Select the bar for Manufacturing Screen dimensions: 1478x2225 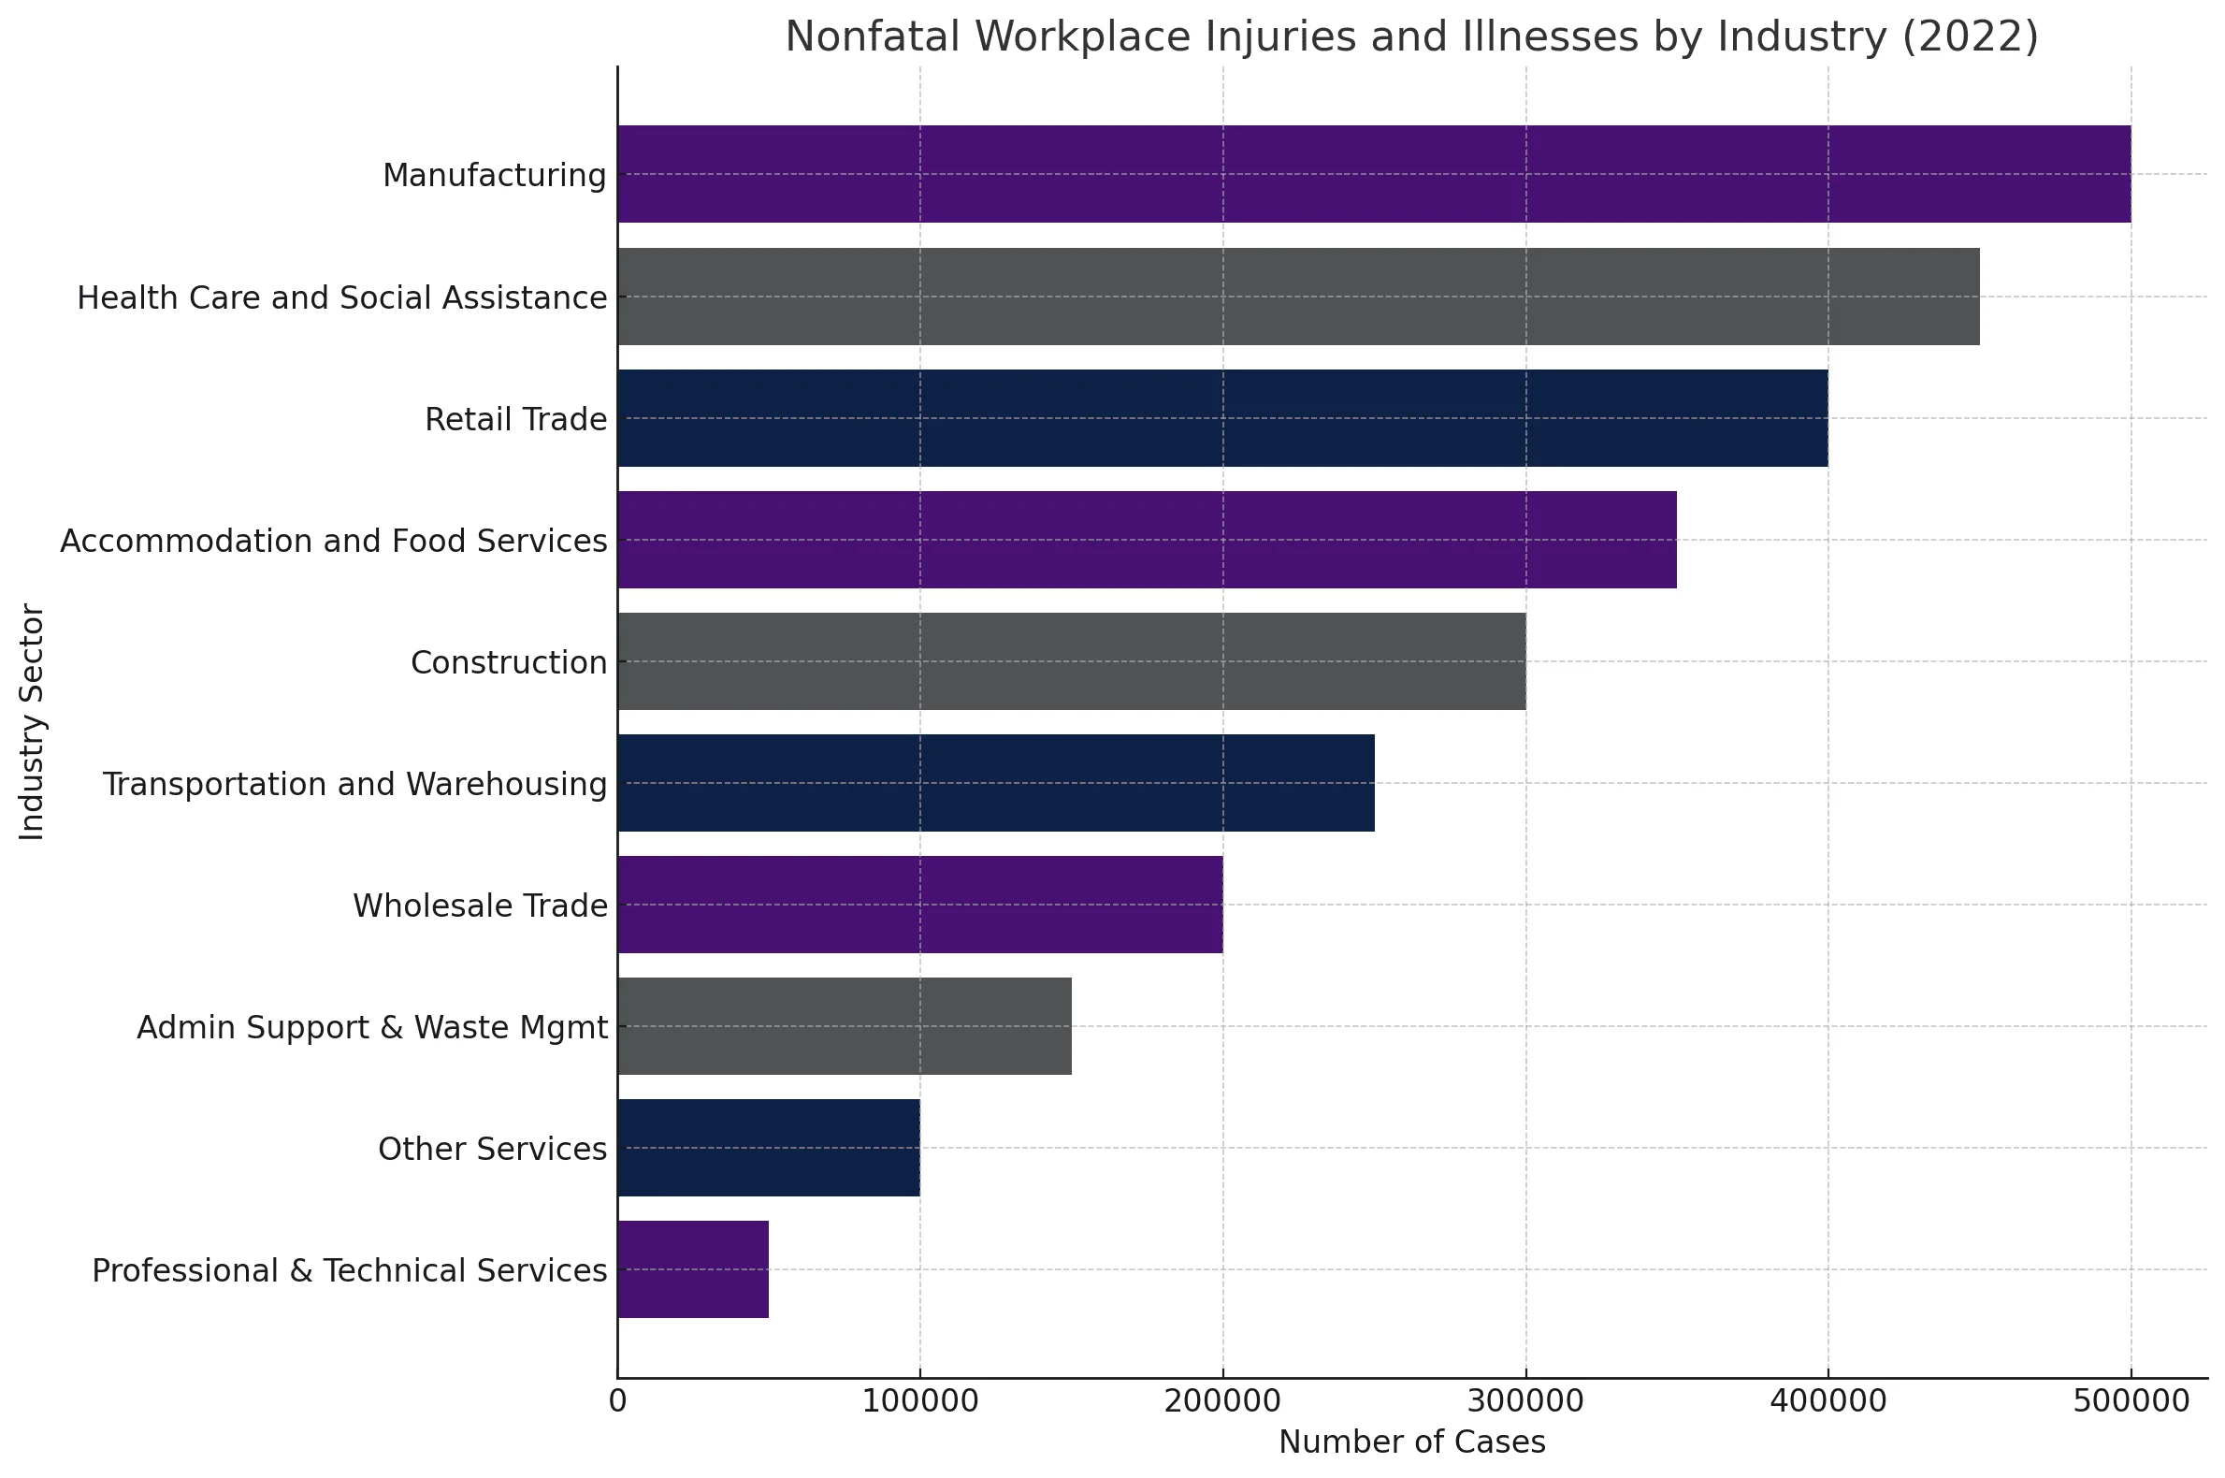1374,174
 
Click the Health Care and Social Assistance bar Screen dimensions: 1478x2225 1299,297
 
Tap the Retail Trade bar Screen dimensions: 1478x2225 1222,418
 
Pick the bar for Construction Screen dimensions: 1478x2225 1072,661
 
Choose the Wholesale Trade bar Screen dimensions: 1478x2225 919,905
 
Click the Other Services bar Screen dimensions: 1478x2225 769,1148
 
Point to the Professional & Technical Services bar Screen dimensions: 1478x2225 694,1269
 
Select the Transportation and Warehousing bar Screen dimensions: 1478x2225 996,783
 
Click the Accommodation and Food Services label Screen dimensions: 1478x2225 334,541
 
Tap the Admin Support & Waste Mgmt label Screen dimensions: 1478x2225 372,1027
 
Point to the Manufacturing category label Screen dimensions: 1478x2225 495,175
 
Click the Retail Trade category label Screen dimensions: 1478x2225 516,419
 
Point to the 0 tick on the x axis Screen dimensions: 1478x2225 618,1400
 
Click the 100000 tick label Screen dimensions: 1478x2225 919,1400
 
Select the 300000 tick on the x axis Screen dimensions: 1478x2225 1525,1400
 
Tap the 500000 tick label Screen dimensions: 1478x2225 2131,1400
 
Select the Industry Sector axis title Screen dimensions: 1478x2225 32,722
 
